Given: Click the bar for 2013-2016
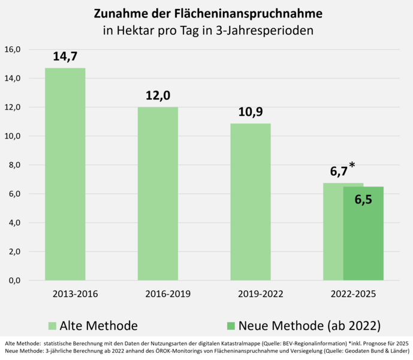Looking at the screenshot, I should pos(65,174).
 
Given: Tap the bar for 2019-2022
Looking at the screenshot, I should pos(251,202).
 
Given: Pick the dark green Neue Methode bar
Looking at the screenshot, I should pos(363,240).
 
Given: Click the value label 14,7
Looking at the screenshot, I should pos(65,56).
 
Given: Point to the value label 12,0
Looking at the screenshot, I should pos(158,96).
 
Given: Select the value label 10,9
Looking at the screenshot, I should pos(251,112).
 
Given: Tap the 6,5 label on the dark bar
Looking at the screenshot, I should pos(363,200).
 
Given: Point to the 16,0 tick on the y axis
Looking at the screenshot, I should pos(13,49).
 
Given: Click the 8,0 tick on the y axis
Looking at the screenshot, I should pos(13,165).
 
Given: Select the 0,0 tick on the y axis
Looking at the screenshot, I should pos(13,281).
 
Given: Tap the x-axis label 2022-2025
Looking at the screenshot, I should pos(353,294).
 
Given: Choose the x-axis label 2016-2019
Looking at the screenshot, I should pos(168,294).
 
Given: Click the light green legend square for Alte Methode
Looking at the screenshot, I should pos(53,326).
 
